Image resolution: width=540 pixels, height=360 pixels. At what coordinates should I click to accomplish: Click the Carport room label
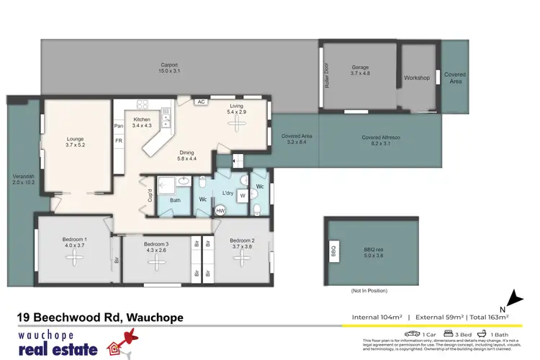tap(169, 65)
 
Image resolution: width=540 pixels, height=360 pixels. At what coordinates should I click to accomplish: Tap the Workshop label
tap(417, 77)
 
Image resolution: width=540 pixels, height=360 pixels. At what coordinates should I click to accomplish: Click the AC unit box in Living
tap(201, 102)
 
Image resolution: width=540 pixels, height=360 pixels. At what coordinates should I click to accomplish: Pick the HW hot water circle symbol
tap(220, 211)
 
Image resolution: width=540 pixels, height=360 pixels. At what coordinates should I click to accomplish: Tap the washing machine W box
tap(241, 194)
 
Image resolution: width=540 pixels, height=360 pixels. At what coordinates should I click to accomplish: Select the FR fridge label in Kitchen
tap(119, 140)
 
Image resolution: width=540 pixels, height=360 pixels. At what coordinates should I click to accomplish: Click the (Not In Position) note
tap(369, 291)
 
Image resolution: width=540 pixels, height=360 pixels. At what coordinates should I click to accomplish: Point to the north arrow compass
tap(513, 297)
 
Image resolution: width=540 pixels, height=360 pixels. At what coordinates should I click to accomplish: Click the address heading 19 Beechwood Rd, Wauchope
tap(100, 317)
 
